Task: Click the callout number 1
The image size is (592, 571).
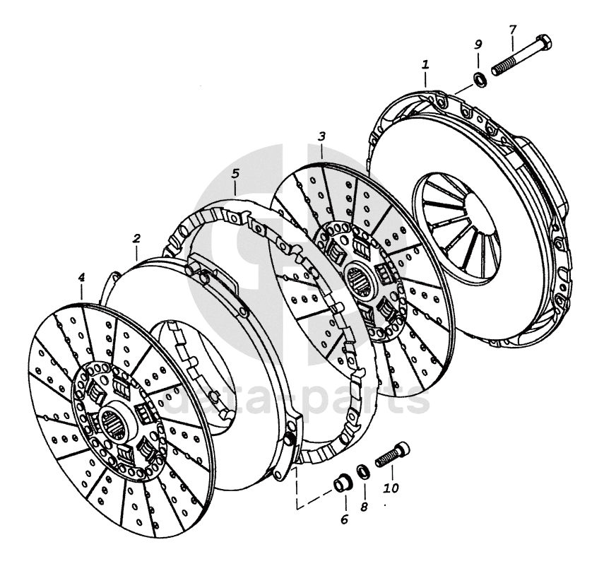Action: (425, 64)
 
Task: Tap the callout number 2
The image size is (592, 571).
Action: (136, 240)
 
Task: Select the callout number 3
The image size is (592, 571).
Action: (321, 134)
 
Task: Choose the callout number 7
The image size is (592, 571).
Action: (512, 30)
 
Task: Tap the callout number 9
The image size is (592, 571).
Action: (478, 45)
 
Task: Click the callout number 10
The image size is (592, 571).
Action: (390, 488)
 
